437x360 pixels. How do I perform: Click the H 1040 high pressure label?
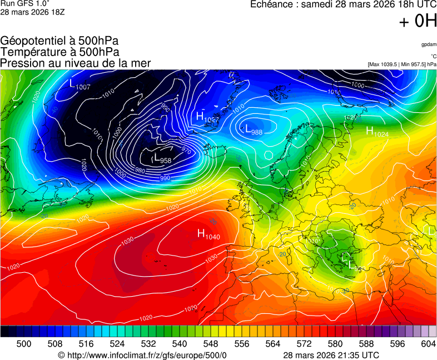pos(207,234)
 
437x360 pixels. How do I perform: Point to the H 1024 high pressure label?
pos(377,132)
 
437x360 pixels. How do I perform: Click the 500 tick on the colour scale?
pos(24,344)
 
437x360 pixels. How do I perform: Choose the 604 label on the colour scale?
pos(428,344)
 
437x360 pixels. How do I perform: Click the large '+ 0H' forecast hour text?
pos(418,21)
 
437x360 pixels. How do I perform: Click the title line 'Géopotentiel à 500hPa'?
pos(59,41)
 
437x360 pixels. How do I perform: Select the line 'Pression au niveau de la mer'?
pos(76,63)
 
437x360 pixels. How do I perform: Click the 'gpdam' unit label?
pos(428,44)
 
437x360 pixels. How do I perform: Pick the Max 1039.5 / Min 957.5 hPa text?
pos(402,64)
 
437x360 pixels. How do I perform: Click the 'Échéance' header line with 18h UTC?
pos(344,4)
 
